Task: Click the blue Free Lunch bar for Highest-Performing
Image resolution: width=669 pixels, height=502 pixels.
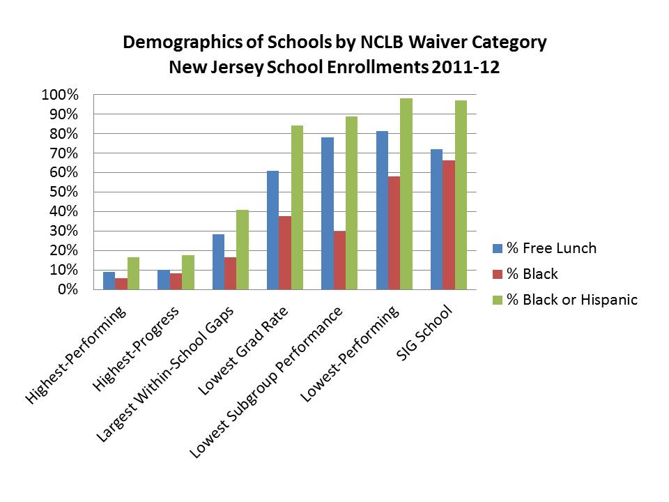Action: [x=109, y=280]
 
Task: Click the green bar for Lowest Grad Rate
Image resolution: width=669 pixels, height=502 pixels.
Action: [x=297, y=207]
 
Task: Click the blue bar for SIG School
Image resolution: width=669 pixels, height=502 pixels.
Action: [x=436, y=219]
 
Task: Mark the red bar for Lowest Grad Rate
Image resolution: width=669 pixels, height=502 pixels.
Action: [x=284, y=252]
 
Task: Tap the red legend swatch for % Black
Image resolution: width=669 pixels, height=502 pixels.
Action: [x=497, y=274]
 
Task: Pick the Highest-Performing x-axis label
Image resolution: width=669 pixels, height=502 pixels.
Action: [x=76, y=356]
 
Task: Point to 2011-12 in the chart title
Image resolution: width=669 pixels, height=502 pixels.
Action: [x=467, y=68]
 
